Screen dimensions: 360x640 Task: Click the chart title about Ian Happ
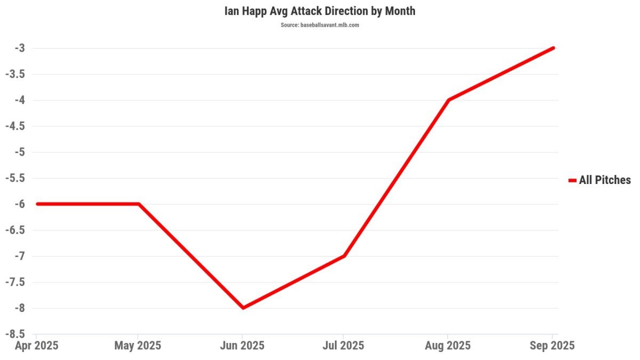click(319, 11)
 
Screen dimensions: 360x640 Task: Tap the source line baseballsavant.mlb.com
click(319, 25)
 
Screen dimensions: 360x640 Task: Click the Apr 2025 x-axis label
click(36, 346)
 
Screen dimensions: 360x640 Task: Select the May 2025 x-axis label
click(138, 346)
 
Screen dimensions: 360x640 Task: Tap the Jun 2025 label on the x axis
click(243, 346)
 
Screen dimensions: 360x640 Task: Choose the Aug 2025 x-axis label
click(447, 346)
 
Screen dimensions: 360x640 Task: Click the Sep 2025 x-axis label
click(552, 346)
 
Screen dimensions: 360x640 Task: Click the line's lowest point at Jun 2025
click(243, 308)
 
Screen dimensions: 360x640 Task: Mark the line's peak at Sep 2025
click(553, 48)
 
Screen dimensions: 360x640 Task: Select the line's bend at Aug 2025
click(449, 100)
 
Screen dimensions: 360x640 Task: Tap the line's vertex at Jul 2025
click(345, 256)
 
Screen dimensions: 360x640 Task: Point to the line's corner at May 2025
click(139, 204)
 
